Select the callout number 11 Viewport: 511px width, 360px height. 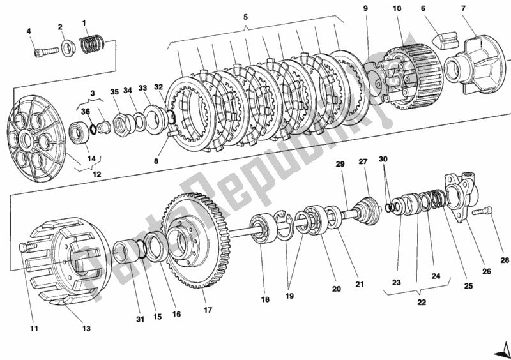pyautogui.click(x=34, y=329)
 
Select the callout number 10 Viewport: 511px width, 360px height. pyautogui.click(x=397, y=9)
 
